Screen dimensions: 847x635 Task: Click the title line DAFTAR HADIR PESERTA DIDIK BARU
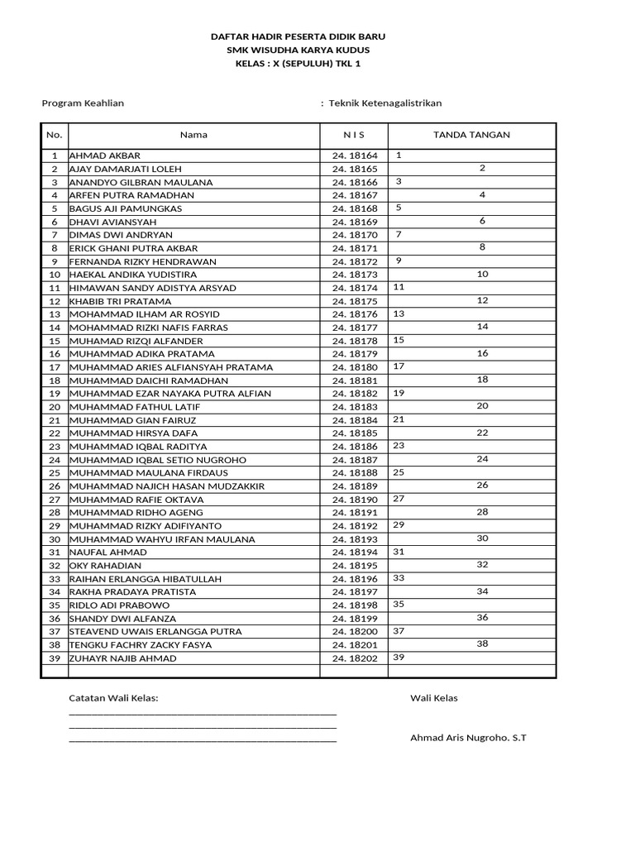(298, 37)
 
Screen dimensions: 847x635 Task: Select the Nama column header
(193, 135)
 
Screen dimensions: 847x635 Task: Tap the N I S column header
(354, 135)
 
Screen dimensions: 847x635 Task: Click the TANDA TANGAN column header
(471, 135)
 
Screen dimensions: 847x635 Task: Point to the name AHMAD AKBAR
(105, 156)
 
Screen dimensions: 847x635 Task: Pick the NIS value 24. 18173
(354, 275)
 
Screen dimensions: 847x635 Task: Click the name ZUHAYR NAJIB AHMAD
(122, 658)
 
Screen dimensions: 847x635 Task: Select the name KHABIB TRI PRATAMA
(120, 301)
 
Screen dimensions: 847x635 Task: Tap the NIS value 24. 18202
(354, 658)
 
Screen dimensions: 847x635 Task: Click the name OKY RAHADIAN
(105, 566)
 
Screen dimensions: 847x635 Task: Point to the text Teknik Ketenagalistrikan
(385, 103)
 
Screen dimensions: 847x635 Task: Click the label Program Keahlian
(83, 103)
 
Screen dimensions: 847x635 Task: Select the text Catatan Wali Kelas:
(113, 698)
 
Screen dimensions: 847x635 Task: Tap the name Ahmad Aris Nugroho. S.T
(468, 738)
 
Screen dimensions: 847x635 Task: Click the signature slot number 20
(483, 406)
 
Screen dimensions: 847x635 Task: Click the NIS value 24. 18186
(354, 447)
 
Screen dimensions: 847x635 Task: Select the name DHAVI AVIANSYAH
(112, 222)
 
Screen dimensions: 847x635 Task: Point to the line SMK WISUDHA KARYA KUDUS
(298, 50)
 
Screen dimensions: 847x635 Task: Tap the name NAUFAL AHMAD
(108, 553)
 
